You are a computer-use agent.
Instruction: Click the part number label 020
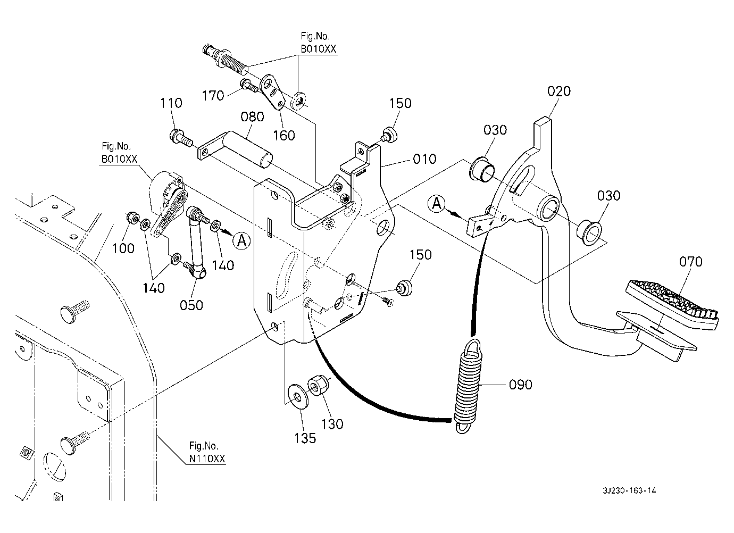click(x=559, y=91)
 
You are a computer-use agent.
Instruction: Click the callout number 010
click(x=424, y=159)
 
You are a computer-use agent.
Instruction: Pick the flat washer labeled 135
click(x=297, y=397)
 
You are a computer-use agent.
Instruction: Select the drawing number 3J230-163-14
click(x=629, y=490)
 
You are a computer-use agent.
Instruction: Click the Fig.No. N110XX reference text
click(x=207, y=452)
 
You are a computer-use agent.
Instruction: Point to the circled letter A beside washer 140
click(x=241, y=241)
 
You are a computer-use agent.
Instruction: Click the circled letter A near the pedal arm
click(x=437, y=204)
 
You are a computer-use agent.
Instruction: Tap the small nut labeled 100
click(x=131, y=218)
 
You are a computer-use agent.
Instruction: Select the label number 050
click(x=191, y=305)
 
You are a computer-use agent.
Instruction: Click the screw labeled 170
click(x=249, y=85)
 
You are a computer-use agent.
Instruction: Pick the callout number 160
click(x=284, y=136)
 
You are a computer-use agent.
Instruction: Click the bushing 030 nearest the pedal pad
click(x=589, y=234)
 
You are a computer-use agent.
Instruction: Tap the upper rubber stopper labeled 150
click(x=389, y=135)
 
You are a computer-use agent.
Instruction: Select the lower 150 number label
click(x=421, y=255)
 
